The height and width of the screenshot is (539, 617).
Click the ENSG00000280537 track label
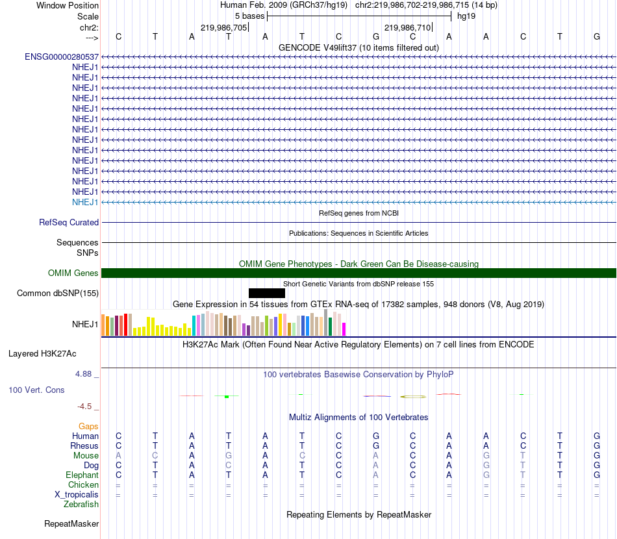pyautogui.click(x=62, y=57)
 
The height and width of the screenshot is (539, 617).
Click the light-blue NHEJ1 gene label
pyautogui.click(x=85, y=202)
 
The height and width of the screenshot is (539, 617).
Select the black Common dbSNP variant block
pyautogui.click(x=266, y=293)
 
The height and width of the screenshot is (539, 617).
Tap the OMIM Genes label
pyautogui.click(x=73, y=273)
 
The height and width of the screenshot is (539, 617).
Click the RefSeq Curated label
pyautogui.click(x=69, y=222)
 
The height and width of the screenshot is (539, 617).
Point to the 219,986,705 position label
pyautogui.click(x=224, y=28)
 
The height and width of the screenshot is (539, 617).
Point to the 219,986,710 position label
pyautogui.click(x=408, y=28)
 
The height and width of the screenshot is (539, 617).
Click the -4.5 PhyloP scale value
pyautogui.click(x=84, y=407)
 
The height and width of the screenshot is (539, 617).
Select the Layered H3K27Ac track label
pyautogui.click(x=42, y=354)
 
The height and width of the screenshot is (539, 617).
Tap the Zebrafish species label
pyautogui.click(x=81, y=504)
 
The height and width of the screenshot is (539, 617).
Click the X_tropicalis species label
pyautogui.click(x=77, y=494)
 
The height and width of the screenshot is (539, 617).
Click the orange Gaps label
pyautogui.click(x=88, y=426)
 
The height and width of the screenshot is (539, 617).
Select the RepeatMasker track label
pyautogui.click(x=71, y=523)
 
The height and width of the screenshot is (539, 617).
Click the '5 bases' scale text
pyautogui.click(x=249, y=16)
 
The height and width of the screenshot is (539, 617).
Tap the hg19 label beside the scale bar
pyautogui.click(x=466, y=16)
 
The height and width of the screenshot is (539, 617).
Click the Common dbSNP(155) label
pyautogui.click(x=58, y=293)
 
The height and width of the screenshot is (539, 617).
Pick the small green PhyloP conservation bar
pyautogui.click(x=226, y=396)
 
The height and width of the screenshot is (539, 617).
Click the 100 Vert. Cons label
pyautogui.click(x=36, y=390)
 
